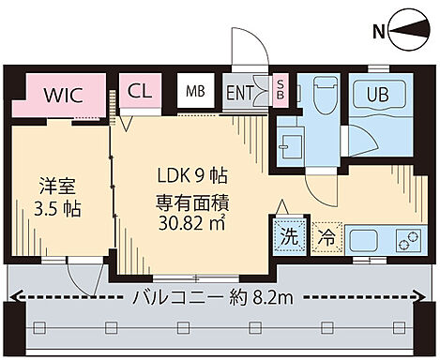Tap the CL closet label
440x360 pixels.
(141, 92)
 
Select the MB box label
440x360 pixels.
(194, 92)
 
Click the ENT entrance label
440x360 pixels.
(239, 93)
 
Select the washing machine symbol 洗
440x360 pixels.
(289, 236)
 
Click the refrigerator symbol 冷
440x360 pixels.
(326, 237)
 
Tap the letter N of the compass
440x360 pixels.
(379, 33)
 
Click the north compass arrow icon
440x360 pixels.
(411, 33)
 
